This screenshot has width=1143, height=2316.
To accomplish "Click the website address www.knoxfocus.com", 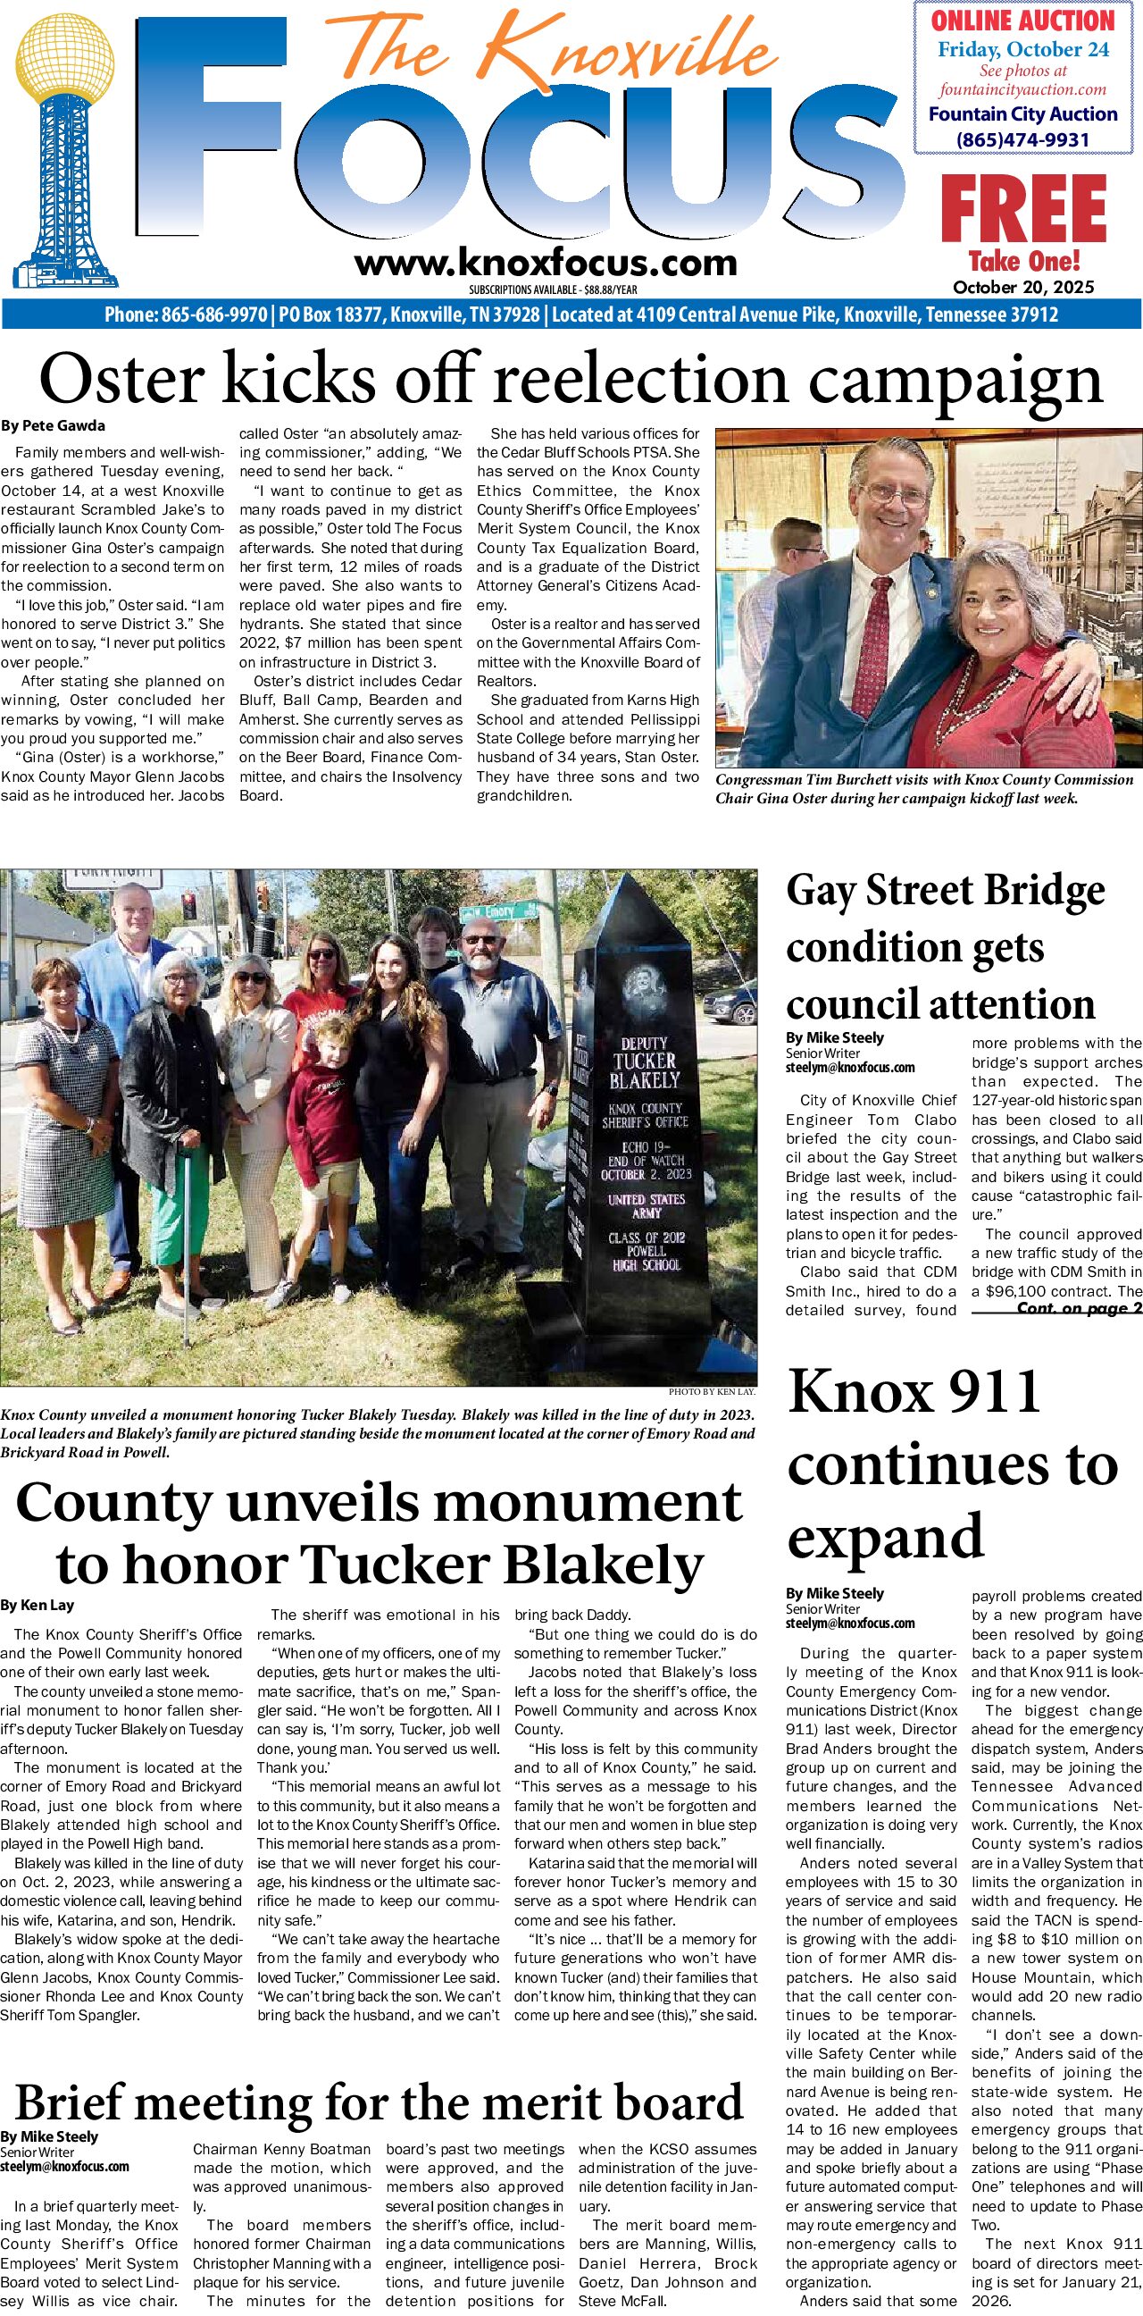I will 546,264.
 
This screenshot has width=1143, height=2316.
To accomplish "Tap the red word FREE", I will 1022,209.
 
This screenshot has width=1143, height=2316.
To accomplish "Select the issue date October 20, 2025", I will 1023,287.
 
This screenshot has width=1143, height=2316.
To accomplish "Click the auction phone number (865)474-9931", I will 1022,139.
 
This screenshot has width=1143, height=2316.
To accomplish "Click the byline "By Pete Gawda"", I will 53,425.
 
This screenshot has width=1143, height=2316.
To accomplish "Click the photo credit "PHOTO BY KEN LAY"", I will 712,1392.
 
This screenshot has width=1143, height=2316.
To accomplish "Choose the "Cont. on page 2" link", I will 1079,1308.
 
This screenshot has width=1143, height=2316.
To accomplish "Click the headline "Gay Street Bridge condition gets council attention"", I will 944,947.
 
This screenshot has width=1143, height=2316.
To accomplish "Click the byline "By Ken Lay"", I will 37,1605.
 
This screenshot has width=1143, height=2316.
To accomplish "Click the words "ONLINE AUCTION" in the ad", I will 1022,21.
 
